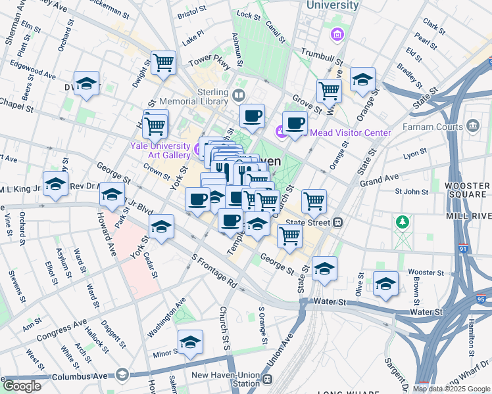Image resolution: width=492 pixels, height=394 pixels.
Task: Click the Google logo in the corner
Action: tap(21, 386)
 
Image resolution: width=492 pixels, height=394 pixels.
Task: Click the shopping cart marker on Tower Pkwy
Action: tap(163, 63)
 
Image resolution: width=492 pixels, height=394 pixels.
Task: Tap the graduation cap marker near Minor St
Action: tap(190, 342)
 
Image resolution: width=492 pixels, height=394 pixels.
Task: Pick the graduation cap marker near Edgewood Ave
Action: tap(86, 83)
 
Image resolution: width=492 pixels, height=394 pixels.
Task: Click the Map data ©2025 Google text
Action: tap(451, 389)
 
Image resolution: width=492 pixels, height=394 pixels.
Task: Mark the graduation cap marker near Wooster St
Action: tap(385, 283)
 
